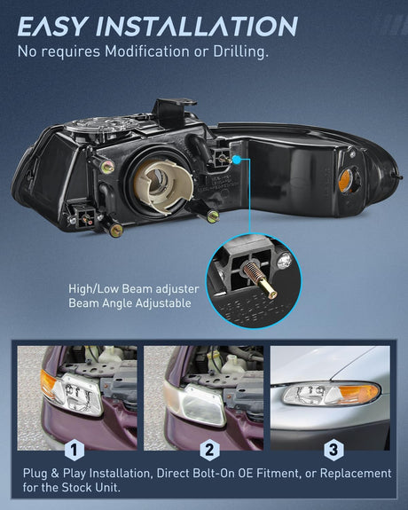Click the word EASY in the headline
[52, 26]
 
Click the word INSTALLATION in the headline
[197, 26]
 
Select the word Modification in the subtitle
[146, 51]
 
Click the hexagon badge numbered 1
[75, 450]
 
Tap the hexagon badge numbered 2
[209, 450]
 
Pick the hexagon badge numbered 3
[333, 450]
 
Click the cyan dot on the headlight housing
[237, 160]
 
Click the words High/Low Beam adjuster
[133, 288]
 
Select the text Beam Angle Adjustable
[129, 303]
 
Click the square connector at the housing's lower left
[84, 217]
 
